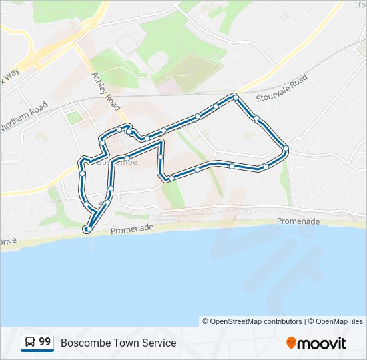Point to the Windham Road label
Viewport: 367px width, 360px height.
[24, 117]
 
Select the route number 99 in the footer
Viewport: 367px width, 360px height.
[45, 342]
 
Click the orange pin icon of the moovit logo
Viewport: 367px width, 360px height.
[292, 343]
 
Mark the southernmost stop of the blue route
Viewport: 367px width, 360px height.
[87, 230]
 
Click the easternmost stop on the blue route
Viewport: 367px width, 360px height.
[286, 148]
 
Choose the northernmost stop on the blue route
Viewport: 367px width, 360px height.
[235, 98]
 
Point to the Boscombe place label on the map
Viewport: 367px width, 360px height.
[117, 161]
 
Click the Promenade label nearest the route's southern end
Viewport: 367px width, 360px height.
[132, 229]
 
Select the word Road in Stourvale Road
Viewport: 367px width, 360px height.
[297, 82]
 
